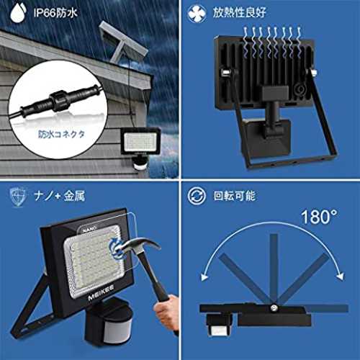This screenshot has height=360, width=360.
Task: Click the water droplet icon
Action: (18, 12)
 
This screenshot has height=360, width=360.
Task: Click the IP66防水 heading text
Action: (55, 12)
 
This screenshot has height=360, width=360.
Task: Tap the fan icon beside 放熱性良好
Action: (197, 13)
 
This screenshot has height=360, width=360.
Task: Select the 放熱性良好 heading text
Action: (239, 12)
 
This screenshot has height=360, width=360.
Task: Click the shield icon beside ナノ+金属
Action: (18, 197)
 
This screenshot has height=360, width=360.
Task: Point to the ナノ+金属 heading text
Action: (60, 196)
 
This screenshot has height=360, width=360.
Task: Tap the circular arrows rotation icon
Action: (197, 196)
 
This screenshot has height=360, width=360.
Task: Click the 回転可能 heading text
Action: (234, 196)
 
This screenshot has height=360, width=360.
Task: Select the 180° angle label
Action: (319, 217)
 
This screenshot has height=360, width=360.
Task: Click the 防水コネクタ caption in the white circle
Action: (61, 134)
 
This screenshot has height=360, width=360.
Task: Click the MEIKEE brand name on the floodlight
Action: (101, 292)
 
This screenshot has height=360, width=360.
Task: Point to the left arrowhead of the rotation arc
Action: (204, 276)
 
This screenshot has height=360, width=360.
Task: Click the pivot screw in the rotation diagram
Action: (273, 308)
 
